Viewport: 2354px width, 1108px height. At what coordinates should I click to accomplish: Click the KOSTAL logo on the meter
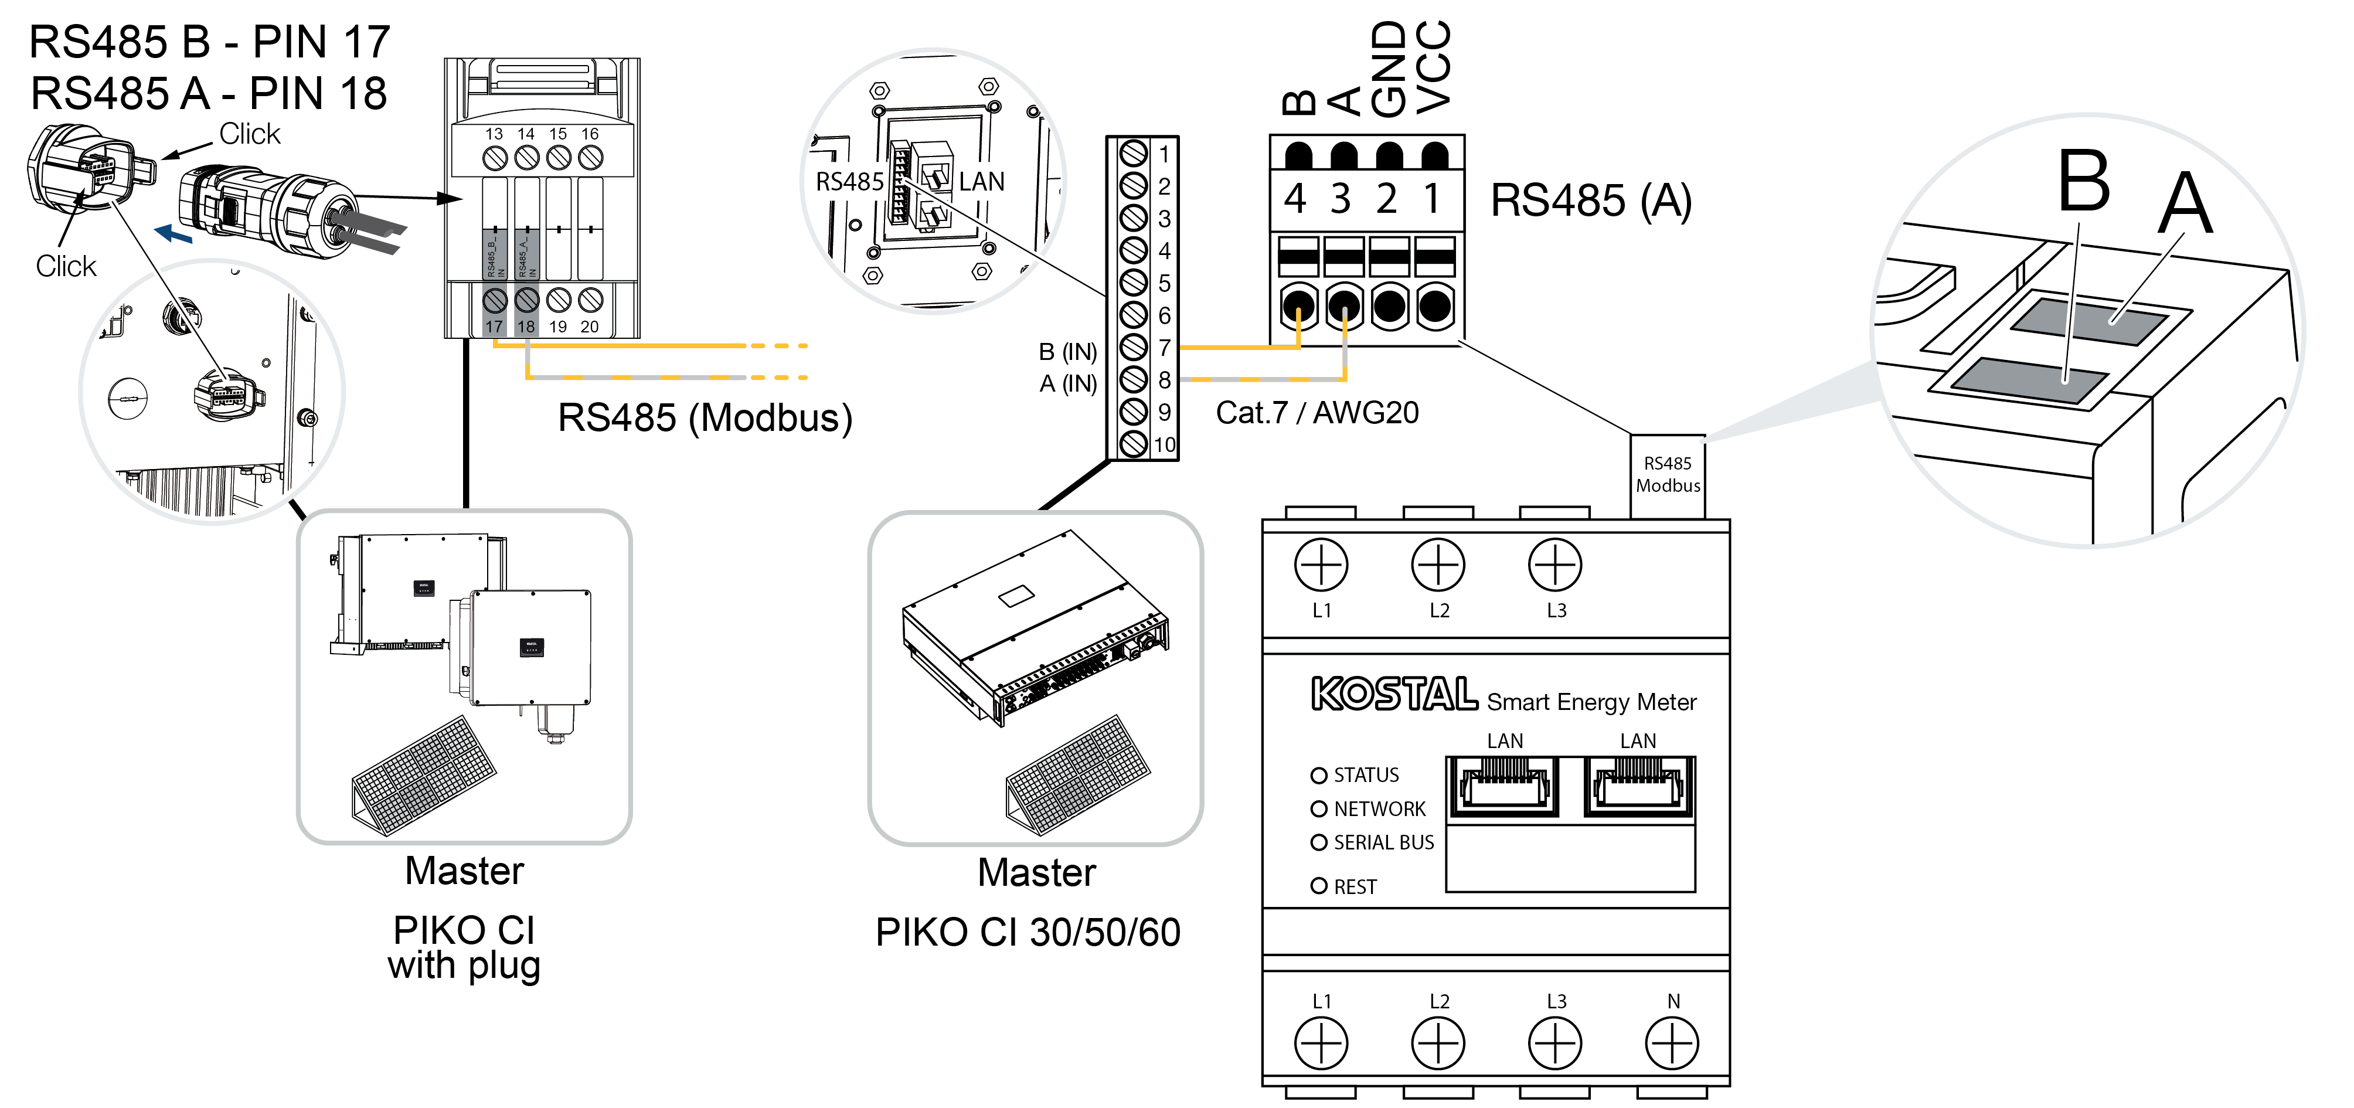pos(1393,694)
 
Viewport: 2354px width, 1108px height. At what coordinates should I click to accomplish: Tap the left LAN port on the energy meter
pos(1504,786)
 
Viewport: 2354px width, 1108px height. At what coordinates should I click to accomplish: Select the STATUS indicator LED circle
pos(1319,775)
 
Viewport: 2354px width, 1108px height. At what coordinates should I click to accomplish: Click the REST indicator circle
pos(1319,885)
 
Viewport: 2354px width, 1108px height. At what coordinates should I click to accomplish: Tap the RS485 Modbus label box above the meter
pos(1668,474)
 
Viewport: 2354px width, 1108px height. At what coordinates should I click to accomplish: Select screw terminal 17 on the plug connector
pos(494,300)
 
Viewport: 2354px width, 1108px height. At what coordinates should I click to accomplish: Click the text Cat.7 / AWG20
pos(1317,412)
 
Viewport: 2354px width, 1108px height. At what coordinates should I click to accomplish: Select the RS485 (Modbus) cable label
pos(705,418)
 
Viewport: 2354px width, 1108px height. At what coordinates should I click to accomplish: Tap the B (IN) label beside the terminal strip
pos(1067,352)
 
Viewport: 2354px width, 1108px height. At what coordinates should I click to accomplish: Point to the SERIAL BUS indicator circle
pos(1319,842)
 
